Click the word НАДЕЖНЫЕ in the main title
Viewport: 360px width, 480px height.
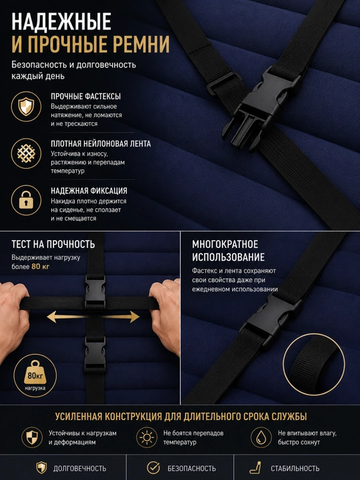(61, 21)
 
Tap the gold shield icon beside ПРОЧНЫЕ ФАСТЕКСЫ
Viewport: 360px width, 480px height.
(26, 107)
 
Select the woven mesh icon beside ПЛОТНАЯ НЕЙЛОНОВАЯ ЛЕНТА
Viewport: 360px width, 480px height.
(26, 153)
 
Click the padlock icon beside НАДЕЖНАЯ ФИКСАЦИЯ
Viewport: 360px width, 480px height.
(26, 200)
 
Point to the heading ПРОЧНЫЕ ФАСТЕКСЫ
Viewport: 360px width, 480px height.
(86, 97)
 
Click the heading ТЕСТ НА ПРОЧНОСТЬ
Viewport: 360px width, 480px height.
(53, 244)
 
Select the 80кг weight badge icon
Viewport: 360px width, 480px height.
(35, 375)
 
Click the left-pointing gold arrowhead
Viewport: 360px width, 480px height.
(53, 317)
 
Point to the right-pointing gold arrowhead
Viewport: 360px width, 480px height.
(133, 317)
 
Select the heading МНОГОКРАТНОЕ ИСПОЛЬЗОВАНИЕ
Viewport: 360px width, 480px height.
(229, 251)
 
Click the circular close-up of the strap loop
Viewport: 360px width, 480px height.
(314, 364)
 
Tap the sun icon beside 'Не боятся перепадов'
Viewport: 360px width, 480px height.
(147, 437)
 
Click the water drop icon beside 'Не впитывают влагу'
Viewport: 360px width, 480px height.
(261, 437)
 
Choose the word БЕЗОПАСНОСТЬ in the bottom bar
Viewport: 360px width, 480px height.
(191, 469)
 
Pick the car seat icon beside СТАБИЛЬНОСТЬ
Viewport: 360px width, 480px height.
(255, 468)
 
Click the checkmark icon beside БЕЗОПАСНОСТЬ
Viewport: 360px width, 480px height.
(153, 468)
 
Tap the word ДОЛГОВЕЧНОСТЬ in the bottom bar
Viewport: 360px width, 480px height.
(79, 469)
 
